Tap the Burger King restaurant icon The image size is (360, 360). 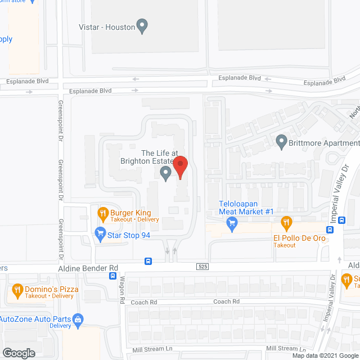pos(102,213)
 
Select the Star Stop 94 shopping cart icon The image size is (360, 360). pos(100,232)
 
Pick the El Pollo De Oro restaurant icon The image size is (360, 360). pos(286,222)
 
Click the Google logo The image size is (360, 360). pos(18,353)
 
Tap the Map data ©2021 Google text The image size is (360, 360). pos(325,355)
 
